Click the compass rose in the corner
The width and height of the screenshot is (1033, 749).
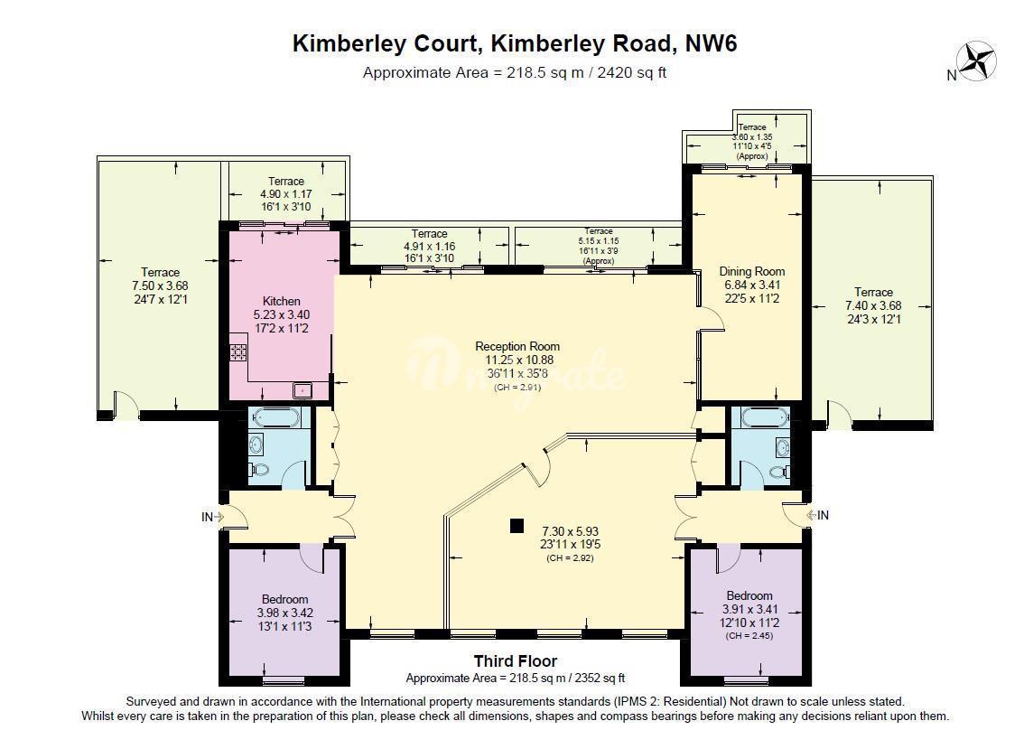click(976, 61)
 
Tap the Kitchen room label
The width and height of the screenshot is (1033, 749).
click(282, 301)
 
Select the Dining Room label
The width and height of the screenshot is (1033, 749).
click(751, 271)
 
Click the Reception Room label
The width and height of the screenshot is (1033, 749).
click(517, 346)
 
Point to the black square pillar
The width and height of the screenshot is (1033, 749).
click(517, 526)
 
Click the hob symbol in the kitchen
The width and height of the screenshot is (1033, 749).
click(237, 352)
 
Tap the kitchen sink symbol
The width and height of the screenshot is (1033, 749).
click(302, 390)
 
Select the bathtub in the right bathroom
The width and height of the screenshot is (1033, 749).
click(765, 417)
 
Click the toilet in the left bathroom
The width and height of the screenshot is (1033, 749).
click(259, 470)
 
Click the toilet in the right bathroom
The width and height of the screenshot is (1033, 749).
click(780, 471)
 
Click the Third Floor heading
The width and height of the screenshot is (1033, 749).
click(516, 661)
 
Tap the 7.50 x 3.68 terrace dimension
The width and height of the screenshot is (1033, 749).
click(160, 286)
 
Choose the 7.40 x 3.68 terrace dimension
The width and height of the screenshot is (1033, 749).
click(873, 305)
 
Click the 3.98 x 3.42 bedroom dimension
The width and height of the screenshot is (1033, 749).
click(285, 613)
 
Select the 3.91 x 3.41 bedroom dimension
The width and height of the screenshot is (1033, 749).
click(749, 609)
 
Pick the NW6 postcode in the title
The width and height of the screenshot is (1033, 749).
click(712, 43)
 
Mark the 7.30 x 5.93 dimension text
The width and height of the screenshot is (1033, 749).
click(571, 530)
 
